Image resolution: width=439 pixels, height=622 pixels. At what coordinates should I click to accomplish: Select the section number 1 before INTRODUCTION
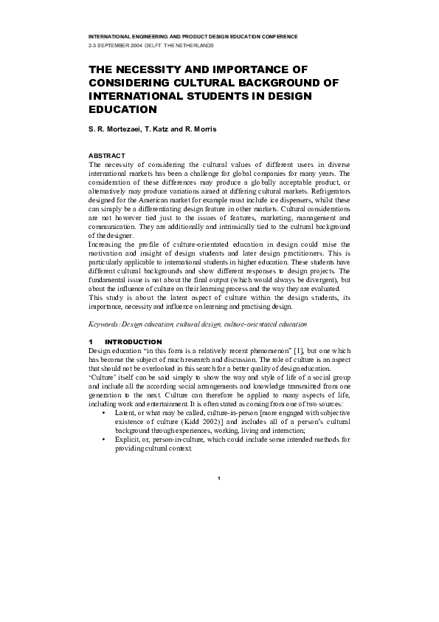click(90, 341)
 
